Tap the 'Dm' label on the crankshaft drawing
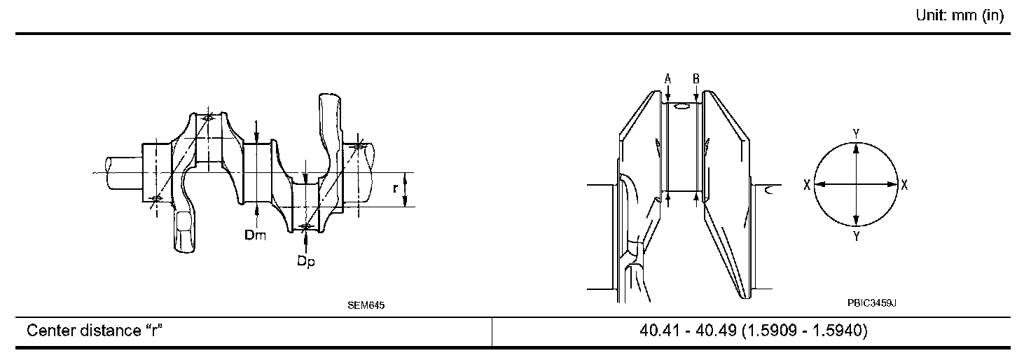click(x=256, y=235)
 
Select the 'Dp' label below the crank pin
click(x=306, y=261)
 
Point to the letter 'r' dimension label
click(x=395, y=188)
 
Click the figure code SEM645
click(x=366, y=305)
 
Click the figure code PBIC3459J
click(x=872, y=303)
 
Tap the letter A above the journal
click(x=668, y=79)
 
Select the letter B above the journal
click(x=696, y=79)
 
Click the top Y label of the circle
click(x=856, y=134)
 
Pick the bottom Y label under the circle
click(x=856, y=237)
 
